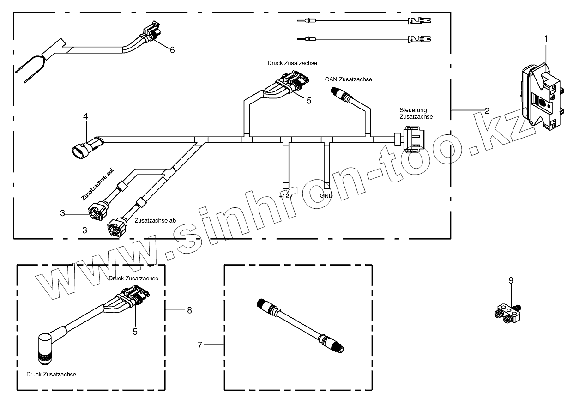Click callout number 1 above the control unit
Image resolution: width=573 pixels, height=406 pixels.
(546, 39)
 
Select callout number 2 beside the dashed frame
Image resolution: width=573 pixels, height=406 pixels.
(487, 110)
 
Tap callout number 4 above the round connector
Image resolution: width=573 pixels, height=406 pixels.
(85, 117)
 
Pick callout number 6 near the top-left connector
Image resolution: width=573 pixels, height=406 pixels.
(172, 50)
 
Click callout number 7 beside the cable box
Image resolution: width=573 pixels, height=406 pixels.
(200, 345)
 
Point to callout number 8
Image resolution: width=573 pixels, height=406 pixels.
(189, 310)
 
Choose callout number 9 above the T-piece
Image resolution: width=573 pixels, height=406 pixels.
(511, 280)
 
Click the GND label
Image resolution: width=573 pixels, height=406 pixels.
(326, 196)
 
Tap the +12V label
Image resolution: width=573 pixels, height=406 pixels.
(286, 196)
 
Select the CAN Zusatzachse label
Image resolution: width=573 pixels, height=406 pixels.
(348, 79)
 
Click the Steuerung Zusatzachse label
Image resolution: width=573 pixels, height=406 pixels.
(416, 114)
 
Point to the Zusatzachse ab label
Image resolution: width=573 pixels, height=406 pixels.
(155, 221)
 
